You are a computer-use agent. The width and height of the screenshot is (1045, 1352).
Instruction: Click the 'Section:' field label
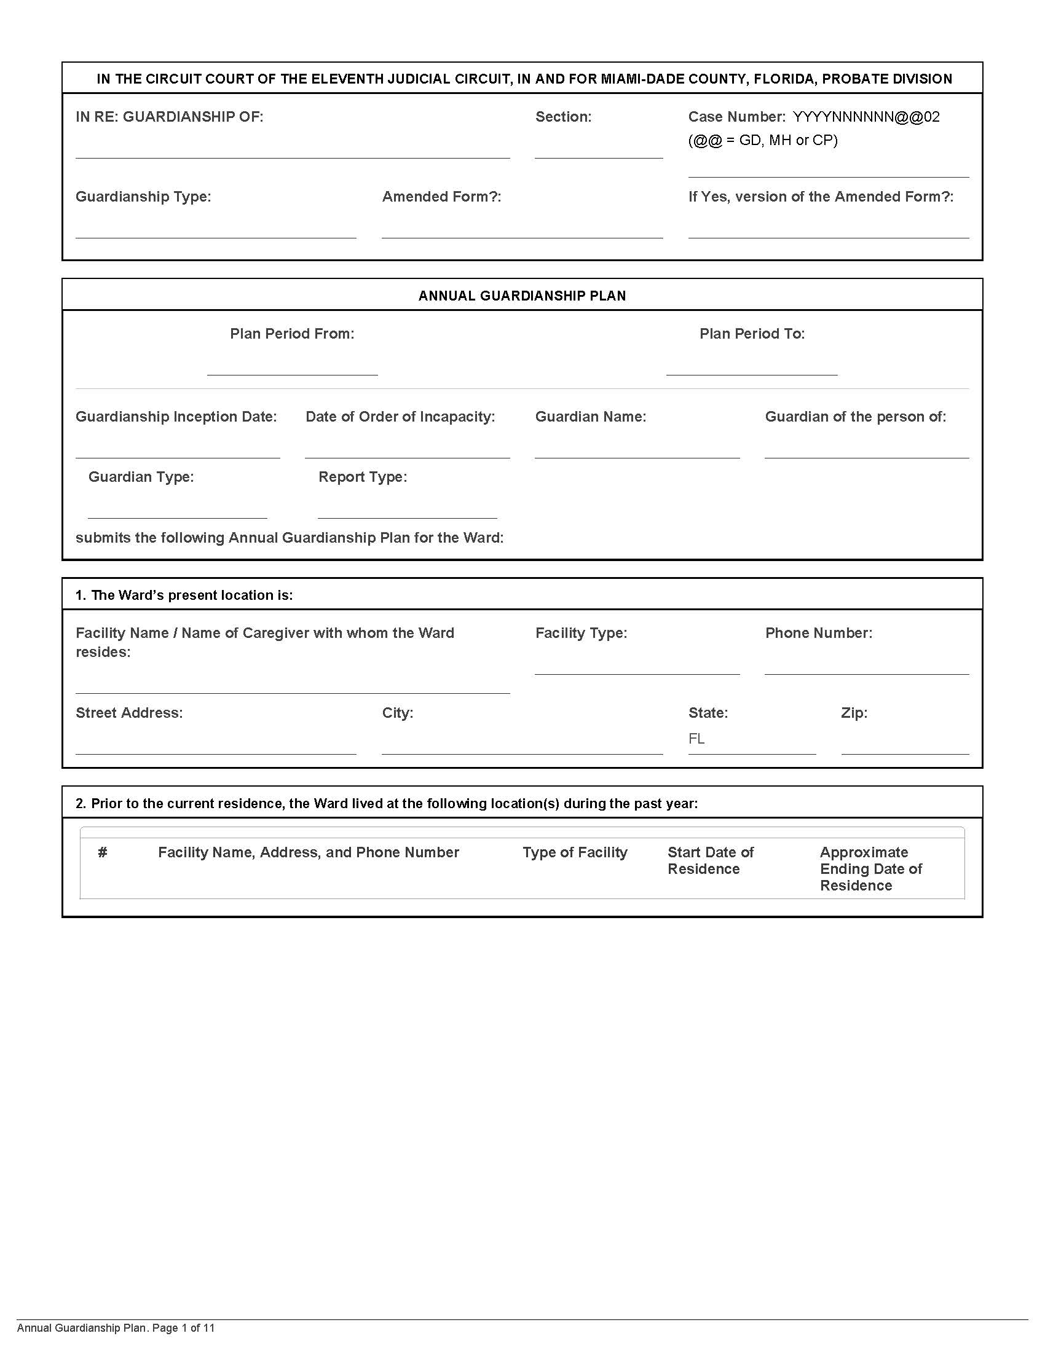[562, 117]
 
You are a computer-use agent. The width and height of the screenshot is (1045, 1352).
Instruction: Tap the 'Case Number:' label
[736, 117]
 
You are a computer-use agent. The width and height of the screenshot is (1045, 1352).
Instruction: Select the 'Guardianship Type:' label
[143, 197]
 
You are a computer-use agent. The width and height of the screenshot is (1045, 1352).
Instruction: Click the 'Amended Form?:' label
[441, 197]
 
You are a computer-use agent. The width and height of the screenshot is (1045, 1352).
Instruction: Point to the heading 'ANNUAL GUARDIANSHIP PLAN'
[522, 296]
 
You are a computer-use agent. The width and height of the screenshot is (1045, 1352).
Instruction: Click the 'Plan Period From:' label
[292, 334]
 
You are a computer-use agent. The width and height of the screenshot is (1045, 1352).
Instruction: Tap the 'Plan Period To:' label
[752, 334]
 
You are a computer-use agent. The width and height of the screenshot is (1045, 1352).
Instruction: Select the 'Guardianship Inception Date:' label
[176, 417]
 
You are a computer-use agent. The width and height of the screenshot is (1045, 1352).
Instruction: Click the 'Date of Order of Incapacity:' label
[400, 417]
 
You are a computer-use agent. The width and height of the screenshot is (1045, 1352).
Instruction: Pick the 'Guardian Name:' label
[591, 417]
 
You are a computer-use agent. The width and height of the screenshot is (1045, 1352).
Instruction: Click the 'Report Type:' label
[362, 477]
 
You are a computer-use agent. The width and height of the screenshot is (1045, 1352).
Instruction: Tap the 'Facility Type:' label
[581, 632]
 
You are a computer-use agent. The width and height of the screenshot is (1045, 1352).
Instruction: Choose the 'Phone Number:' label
[818, 632]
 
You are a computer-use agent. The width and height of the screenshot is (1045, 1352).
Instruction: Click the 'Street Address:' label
[128, 712]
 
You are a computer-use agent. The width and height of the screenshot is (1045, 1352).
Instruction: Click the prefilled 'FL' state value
[696, 739]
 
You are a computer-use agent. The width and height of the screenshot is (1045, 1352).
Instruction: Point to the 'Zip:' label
[854, 712]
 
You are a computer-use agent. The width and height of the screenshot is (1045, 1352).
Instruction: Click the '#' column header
[103, 852]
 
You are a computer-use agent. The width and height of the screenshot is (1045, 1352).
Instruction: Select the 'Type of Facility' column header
[575, 852]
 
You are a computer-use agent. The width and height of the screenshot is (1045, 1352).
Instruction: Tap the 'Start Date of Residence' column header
[710, 860]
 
